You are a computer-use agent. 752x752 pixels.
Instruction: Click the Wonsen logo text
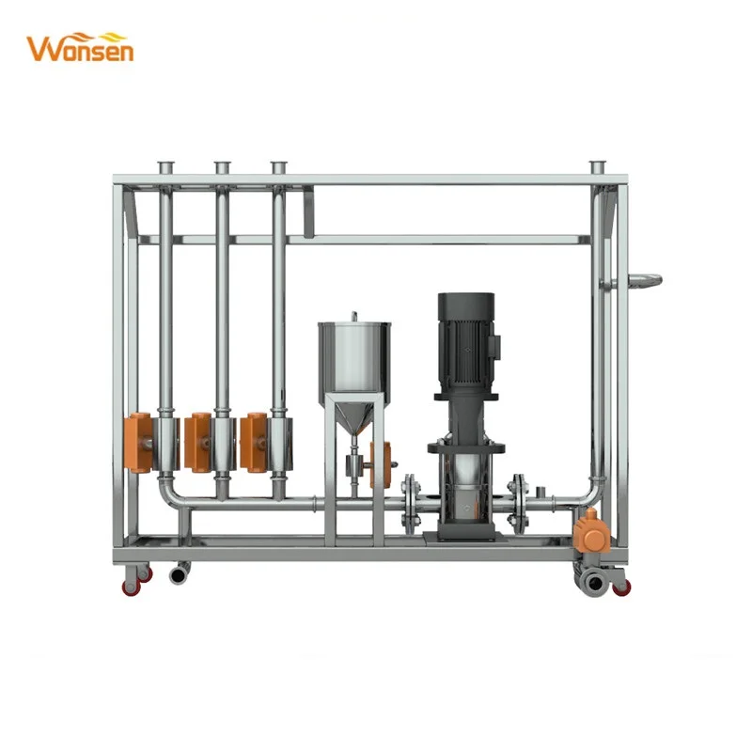click(x=80, y=48)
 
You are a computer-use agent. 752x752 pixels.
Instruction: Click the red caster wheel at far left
click(x=131, y=582)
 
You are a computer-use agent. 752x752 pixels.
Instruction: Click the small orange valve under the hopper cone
click(x=381, y=463)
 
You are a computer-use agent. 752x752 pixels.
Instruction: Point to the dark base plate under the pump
click(x=464, y=537)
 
